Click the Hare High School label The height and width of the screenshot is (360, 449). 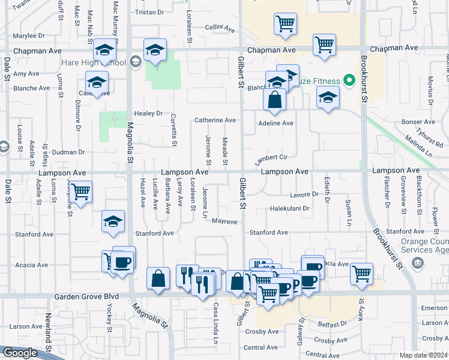point(101,62)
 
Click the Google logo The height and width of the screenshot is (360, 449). point(20,353)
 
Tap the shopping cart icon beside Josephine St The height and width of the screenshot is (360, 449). point(81,192)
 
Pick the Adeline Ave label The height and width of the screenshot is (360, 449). point(275,123)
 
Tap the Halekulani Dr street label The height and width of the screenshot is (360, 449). point(289,209)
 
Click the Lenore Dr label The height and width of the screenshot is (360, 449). point(304,194)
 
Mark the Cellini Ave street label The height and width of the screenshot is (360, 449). point(218,28)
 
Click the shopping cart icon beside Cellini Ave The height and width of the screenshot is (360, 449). point(285,24)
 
